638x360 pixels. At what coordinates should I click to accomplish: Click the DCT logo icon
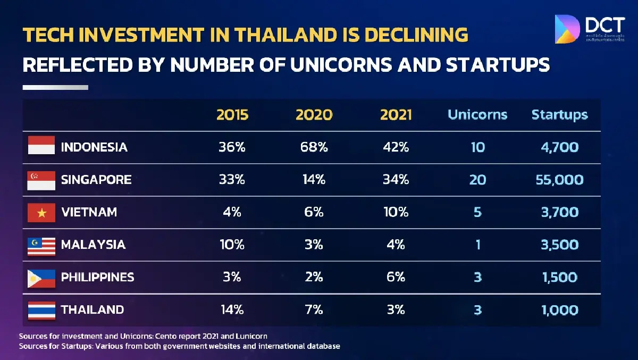point(567,29)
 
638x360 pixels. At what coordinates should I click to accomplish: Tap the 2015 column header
point(232,115)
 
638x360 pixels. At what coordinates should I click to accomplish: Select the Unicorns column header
point(477,115)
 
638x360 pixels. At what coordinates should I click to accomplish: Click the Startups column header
point(559,115)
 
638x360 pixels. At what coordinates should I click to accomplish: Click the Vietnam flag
point(41,213)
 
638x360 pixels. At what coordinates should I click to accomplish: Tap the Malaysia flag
point(41,245)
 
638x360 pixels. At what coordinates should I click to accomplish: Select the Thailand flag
point(41,310)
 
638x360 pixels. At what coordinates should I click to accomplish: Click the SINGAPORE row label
point(96,180)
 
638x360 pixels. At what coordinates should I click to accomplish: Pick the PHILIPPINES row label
point(97,277)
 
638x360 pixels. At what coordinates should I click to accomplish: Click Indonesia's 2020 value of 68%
point(314,147)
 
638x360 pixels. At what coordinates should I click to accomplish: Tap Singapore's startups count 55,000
point(559,180)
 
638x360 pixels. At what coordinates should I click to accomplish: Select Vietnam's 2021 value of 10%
point(396,212)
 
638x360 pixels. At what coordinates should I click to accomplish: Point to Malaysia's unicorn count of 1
point(477,245)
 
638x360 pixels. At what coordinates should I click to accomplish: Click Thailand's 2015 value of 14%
point(232,309)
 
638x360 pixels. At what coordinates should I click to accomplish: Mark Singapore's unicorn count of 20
point(477,180)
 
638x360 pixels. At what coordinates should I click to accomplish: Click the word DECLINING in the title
point(411,35)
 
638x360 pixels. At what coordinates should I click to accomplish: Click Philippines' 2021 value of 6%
point(396,277)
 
